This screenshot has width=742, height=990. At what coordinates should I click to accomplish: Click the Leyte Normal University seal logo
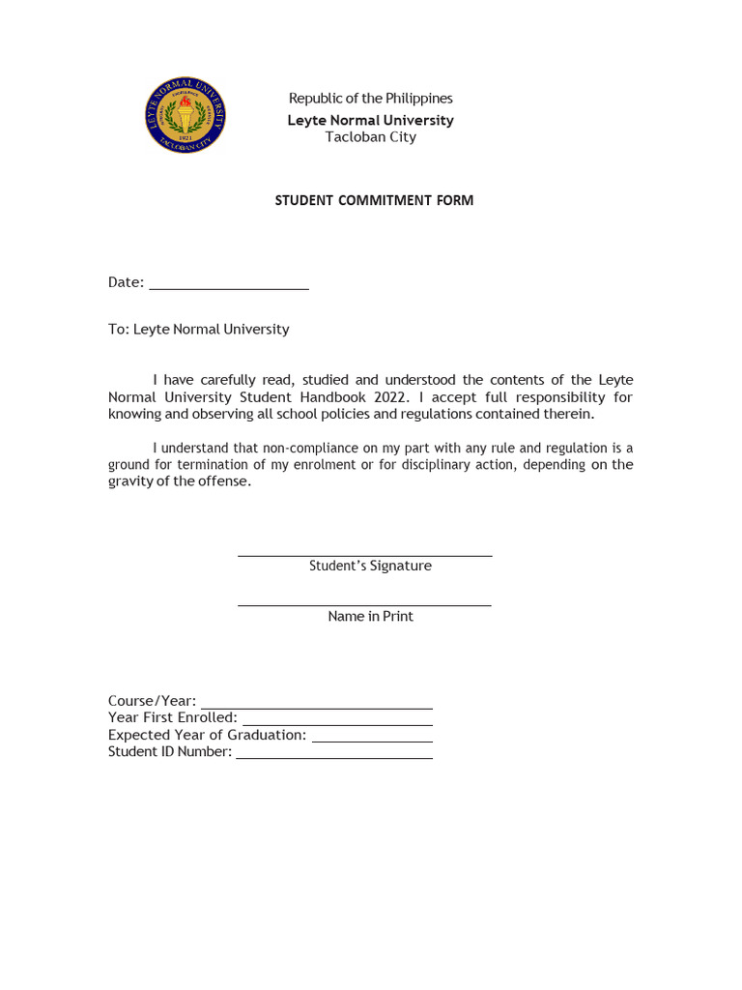185,116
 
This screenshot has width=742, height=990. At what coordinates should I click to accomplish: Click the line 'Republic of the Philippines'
370,99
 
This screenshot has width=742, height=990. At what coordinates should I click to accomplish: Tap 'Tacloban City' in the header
370,137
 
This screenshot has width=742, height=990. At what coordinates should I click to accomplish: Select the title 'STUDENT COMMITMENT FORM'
374,201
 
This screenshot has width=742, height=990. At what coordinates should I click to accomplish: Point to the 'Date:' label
126,282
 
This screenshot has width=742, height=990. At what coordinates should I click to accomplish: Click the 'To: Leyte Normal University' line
198,330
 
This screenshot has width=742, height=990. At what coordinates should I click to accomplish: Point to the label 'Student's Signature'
370,567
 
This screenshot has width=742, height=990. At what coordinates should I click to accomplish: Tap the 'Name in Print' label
370,617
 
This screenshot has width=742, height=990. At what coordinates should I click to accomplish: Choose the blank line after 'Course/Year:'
316,708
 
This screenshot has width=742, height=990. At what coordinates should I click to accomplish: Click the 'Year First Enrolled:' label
173,717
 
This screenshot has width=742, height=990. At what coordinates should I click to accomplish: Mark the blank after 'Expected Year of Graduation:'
372,741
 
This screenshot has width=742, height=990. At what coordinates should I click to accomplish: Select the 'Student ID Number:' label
170,752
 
